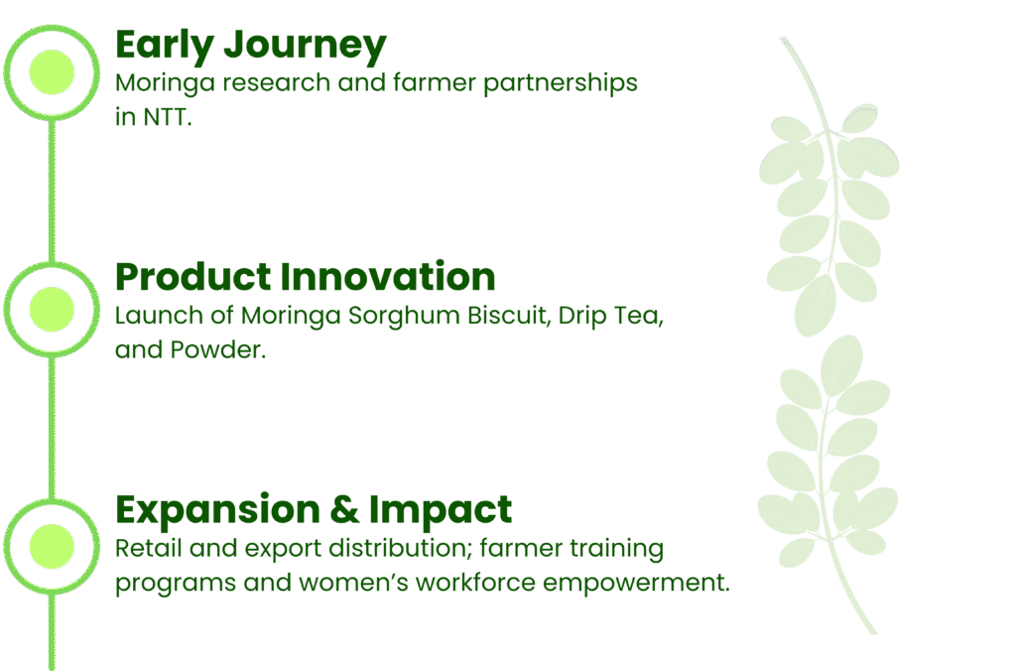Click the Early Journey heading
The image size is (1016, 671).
(250, 46)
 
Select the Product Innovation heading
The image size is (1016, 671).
(305, 277)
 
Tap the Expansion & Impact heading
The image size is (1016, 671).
(314, 510)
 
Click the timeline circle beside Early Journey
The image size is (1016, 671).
(52, 71)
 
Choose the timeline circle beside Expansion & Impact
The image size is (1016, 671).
(52, 545)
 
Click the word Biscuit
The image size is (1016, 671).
(510, 318)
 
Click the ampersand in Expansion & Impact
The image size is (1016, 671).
(339, 510)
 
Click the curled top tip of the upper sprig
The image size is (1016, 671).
(784, 41)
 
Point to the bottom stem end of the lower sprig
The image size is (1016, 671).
(873, 630)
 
